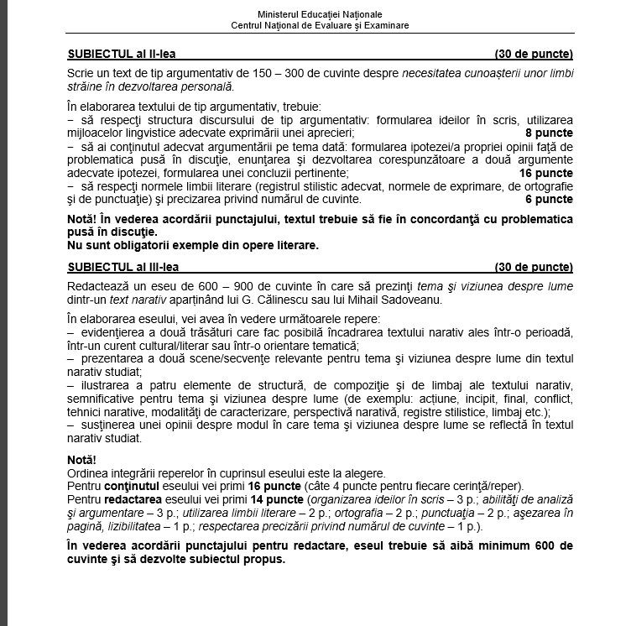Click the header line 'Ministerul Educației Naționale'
click(x=321, y=15)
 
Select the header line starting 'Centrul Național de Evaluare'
click(x=321, y=25)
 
